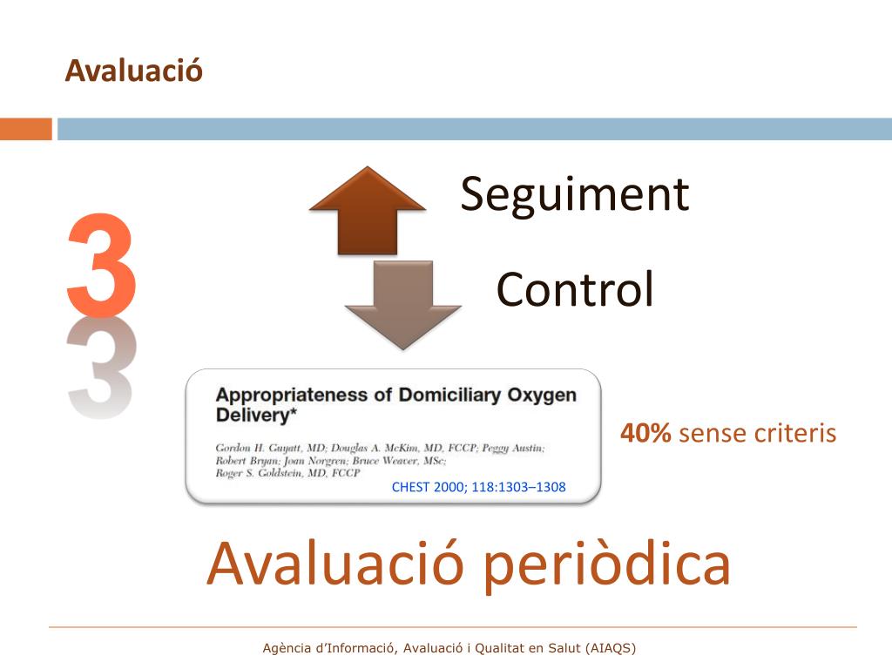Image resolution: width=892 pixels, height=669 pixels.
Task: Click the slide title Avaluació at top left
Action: click(x=133, y=71)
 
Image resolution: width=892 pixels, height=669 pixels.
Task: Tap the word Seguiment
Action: click(x=574, y=193)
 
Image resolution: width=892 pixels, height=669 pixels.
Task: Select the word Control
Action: click(x=574, y=289)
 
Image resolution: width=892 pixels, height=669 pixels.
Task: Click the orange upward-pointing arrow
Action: click(x=368, y=209)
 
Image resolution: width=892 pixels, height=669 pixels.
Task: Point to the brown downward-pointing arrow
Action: click(x=402, y=304)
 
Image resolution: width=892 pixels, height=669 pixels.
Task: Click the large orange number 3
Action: click(x=101, y=266)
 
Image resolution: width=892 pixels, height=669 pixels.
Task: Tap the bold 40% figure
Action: click(x=645, y=433)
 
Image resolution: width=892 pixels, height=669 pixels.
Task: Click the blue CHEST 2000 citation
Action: click(x=478, y=487)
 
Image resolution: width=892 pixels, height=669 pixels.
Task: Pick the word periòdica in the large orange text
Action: click(x=607, y=564)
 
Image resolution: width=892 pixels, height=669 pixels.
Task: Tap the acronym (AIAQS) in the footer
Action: click(x=611, y=648)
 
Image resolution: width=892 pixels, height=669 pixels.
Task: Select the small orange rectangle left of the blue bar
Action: click(x=26, y=129)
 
